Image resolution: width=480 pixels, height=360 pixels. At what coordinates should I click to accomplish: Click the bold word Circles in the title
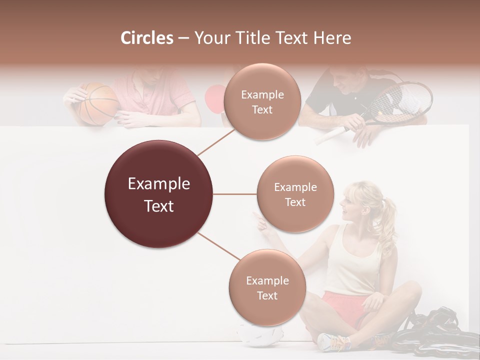[x=147, y=38]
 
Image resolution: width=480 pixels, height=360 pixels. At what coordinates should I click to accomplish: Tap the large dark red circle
[x=159, y=194]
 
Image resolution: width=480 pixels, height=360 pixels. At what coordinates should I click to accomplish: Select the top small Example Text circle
[x=262, y=101]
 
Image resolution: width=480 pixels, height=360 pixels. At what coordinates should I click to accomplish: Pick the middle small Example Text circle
[x=295, y=194]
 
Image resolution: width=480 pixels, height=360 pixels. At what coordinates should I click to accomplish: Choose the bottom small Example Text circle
[x=267, y=287]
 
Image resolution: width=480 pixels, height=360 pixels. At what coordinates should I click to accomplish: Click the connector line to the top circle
[x=216, y=141]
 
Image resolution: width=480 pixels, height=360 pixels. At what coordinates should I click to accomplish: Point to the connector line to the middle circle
[x=235, y=194]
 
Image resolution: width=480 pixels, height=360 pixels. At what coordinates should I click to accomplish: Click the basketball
[x=98, y=103]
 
